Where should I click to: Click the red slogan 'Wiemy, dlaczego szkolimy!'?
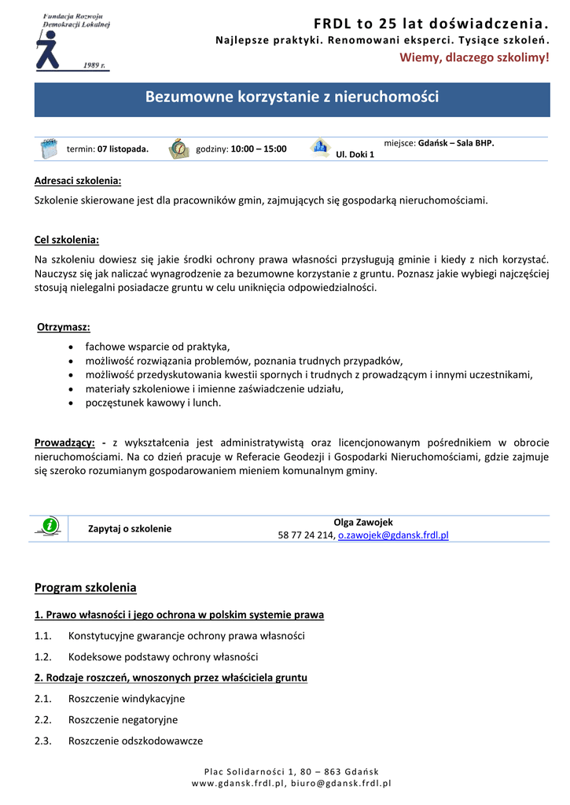click(475, 57)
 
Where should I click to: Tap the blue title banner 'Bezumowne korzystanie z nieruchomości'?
click(292, 97)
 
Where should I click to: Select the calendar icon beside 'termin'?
click(49, 148)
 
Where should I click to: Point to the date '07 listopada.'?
click(123, 149)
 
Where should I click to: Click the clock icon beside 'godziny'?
click(179, 148)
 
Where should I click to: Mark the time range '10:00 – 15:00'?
click(259, 149)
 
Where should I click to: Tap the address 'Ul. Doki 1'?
click(355, 154)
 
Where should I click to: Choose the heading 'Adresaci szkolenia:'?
click(78, 181)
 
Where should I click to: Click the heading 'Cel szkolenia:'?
click(67, 240)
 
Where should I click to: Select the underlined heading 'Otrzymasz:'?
click(64, 327)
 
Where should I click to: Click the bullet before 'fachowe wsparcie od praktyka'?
click(72, 347)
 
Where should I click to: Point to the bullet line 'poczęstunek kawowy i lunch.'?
click(153, 402)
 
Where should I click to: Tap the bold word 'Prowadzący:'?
click(65, 443)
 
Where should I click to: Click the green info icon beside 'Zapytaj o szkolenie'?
click(50, 525)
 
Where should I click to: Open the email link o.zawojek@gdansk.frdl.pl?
click(393, 535)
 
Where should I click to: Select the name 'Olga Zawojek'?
click(363, 522)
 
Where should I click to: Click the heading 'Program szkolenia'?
click(86, 587)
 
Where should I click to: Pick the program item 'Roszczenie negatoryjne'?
click(123, 719)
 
